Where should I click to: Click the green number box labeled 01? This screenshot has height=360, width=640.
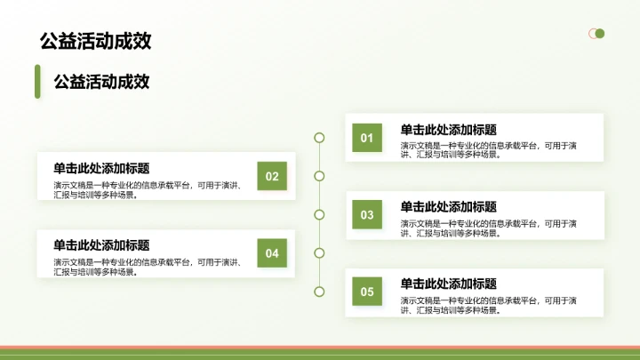click(x=367, y=138)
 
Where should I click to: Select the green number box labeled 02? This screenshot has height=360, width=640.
click(x=272, y=176)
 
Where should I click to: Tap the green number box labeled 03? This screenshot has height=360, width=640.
click(x=367, y=214)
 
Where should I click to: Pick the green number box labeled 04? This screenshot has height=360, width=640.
click(x=272, y=253)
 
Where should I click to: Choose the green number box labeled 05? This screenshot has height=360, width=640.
click(x=367, y=291)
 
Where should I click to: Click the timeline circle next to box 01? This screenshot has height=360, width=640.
click(x=319, y=138)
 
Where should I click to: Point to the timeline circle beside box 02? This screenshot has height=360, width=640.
click(x=319, y=176)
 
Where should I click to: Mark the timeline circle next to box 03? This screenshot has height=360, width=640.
click(x=319, y=214)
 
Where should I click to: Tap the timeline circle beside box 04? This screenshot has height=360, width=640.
click(x=319, y=253)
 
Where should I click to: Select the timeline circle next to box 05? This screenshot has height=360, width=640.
click(x=319, y=291)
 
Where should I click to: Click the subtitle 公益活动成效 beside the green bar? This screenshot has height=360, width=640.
click(x=101, y=82)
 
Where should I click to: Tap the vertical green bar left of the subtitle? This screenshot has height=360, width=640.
click(x=37, y=82)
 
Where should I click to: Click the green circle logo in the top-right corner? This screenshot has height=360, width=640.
click(x=598, y=34)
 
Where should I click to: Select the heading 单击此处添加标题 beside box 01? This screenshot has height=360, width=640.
click(x=448, y=130)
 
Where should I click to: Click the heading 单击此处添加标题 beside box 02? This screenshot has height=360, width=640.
click(x=101, y=168)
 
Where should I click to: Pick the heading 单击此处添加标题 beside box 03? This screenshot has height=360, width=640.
click(x=448, y=206)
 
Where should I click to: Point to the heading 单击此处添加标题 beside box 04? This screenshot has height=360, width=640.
click(x=101, y=245)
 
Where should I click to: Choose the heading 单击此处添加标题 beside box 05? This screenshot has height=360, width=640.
click(x=448, y=284)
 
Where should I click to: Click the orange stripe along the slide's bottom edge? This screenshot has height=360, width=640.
click(x=320, y=348)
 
